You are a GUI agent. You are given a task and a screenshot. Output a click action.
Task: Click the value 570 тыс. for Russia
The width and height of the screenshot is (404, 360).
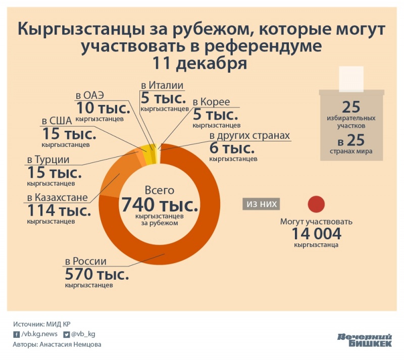pos(96,275)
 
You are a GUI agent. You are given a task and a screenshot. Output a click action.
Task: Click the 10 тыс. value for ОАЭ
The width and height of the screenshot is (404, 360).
pos(103,108)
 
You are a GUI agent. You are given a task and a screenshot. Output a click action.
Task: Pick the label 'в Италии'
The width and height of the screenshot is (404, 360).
pos(162,85)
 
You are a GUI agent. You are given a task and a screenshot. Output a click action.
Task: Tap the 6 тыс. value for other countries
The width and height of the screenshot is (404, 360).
pos(231,149)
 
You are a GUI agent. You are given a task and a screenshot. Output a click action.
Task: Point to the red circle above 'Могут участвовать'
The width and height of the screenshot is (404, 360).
pos(316,204)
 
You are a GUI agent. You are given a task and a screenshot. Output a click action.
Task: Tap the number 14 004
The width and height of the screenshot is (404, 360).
pos(316,233)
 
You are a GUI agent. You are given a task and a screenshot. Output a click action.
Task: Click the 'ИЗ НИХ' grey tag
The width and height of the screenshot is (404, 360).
pos(261,204)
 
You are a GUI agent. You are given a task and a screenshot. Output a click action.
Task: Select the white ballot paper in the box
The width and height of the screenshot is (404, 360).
pos(350,79)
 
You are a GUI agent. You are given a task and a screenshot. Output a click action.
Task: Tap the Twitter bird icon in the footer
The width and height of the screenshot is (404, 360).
pos(66,334)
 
